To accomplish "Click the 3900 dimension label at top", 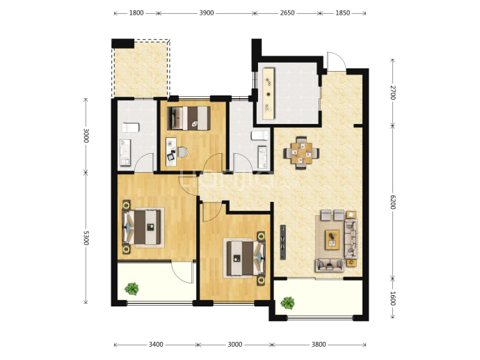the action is click(x=207, y=13).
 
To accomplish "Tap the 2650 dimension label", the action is click(x=287, y=13).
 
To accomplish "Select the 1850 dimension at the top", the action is click(x=342, y=13).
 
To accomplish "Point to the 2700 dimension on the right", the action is click(x=393, y=93).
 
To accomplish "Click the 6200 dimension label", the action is click(x=393, y=202).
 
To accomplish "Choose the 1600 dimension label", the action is click(x=393, y=299).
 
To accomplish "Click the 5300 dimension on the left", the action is click(x=86, y=237).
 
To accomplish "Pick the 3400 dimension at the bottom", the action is click(x=156, y=345).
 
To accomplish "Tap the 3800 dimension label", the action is click(x=319, y=345).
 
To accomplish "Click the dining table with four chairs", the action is click(x=301, y=153).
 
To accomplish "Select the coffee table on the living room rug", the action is click(x=333, y=240).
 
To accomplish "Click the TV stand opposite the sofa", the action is click(x=283, y=242).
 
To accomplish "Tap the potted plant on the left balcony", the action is click(x=132, y=288).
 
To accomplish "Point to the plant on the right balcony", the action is click(x=288, y=303).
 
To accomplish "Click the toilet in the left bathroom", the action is click(x=131, y=127).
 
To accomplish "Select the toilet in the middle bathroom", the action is click(x=260, y=135).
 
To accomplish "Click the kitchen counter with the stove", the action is click(x=269, y=93).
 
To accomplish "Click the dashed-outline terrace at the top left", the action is click(x=141, y=69).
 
